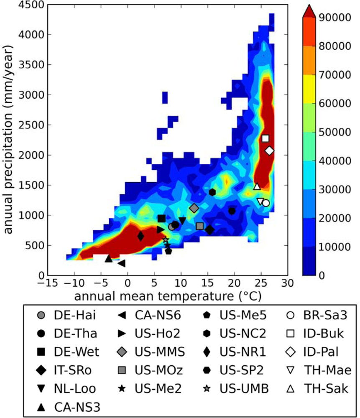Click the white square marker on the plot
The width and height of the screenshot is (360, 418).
pyautogui.click(x=265, y=138)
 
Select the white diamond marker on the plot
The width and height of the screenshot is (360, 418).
pyautogui.click(x=269, y=150)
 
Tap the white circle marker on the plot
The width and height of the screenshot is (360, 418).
pyautogui.click(x=266, y=203)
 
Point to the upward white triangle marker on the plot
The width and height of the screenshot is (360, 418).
pyautogui.click(x=257, y=186)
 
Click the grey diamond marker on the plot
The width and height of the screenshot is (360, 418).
pyautogui.click(x=194, y=208)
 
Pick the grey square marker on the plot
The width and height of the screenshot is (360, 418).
pyautogui.click(x=199, y=226)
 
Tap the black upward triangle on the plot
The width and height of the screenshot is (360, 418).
pyautogui.click(x=109, y=258)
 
